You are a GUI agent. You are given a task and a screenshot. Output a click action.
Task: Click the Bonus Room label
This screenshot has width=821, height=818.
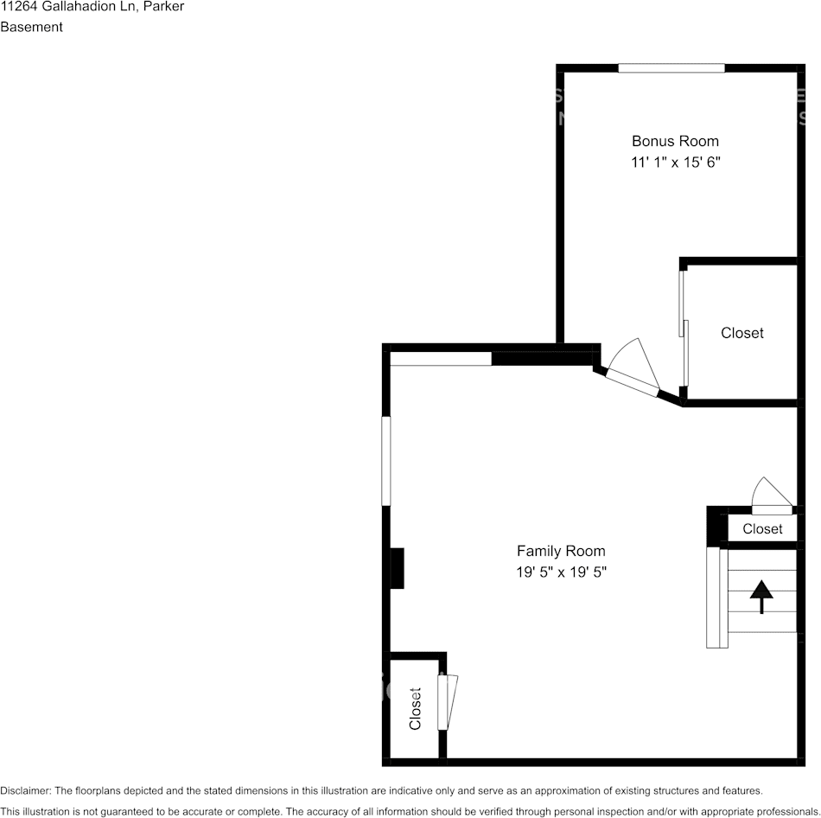[675, 141]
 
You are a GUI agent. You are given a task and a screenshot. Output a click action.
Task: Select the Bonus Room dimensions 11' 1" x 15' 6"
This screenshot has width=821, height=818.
[675, 162]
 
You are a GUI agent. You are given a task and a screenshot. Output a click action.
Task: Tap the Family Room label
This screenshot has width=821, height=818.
[561, 551]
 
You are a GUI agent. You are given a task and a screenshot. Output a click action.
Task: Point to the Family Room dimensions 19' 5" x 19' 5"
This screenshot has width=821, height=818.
[561, 572]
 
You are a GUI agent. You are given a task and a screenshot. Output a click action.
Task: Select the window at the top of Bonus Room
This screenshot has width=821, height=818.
[671, 68]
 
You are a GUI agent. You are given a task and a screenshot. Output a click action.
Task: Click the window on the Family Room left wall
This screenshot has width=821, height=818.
[386, 461]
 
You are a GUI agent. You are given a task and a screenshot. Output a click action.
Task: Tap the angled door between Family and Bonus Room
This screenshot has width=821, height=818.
[632, 382]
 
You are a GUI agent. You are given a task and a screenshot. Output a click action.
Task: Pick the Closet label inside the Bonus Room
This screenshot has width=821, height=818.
[742, 333]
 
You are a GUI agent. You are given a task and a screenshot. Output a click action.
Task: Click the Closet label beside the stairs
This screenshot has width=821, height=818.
[762, 528]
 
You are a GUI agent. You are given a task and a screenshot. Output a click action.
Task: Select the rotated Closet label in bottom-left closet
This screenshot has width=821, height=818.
[415, 709]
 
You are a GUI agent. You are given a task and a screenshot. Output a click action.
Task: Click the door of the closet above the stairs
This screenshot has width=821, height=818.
[772, 509]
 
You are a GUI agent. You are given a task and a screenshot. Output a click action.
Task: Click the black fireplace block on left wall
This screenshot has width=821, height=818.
[397, 568]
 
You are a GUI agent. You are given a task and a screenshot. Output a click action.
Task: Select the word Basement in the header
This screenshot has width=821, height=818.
[32, 27]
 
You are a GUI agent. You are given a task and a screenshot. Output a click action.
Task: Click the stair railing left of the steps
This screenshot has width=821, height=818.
[713, 598]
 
